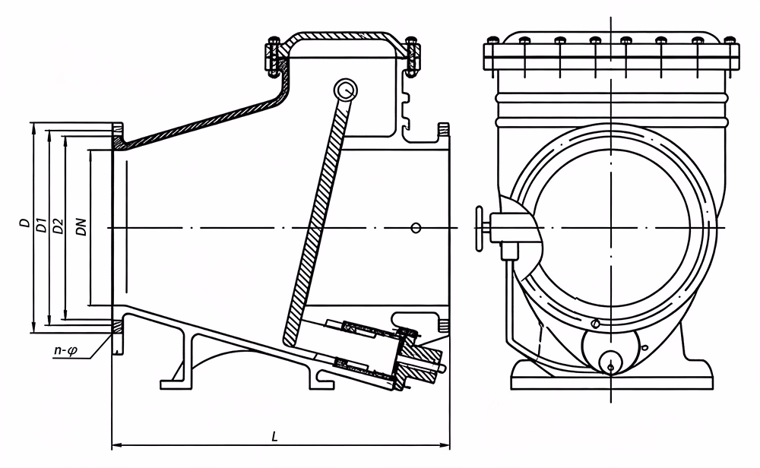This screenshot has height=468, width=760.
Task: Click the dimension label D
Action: click(x=23, y=223)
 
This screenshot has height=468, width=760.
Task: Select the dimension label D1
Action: click(x=41, y=224)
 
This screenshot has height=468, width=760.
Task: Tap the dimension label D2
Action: click(x=58, y=226)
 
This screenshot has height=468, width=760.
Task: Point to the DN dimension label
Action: click(x=82, y=226)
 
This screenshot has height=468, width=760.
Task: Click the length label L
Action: click(x=275, y=437)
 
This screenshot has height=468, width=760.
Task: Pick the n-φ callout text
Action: click(x=65, y=352)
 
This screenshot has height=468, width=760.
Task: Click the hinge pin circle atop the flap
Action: click(x=346, y=90)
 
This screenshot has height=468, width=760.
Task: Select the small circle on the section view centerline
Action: click(x=416, y=228)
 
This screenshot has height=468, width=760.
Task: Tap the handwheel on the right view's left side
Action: click(x=480, y=228)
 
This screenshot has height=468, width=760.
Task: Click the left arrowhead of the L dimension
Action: click(x=116, y=445)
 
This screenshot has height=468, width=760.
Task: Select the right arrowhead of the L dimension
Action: click(x=445, y=445)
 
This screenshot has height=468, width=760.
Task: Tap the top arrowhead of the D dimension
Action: click(x=33, y=128)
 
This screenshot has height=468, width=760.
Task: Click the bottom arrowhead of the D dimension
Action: click(x=33, y=327)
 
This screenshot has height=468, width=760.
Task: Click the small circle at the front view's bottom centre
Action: click(x=610, y=368)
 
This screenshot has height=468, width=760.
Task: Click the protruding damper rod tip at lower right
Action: click(x=442, y=369)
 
